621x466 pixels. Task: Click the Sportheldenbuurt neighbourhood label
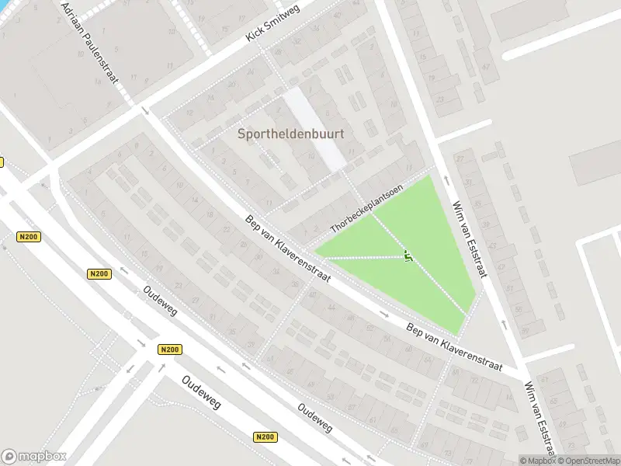[290, 134]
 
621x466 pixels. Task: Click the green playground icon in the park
[408, 256]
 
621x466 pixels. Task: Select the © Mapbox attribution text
[537, 461]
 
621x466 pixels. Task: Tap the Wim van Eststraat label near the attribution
[540, 417]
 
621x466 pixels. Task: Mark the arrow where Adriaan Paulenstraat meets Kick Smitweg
[145, 111]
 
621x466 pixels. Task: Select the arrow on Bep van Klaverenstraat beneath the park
[384, 315]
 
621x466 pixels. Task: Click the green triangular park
[419, 249]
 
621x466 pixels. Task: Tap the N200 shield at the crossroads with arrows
[169, 349]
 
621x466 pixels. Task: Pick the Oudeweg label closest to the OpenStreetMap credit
[315, 416]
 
